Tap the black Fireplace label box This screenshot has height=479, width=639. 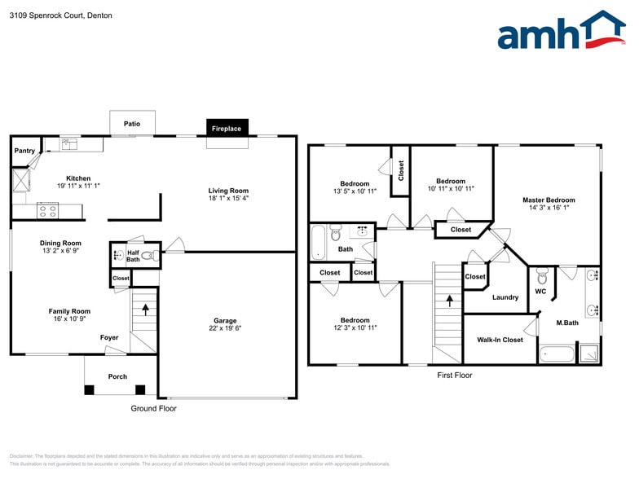(x=227, y=129)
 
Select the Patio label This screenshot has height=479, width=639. (x=132, y=124)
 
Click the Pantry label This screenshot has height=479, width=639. (x=24, y=151)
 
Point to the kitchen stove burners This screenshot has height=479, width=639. (x=47, y=210)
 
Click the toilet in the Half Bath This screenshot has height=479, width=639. (x=148, y=256)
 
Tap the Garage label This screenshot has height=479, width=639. (x=226, y=321)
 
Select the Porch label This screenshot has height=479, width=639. (x=117, y=376)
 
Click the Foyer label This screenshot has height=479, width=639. (x=108, y=337)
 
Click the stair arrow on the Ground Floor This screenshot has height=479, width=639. (x=145, y=310)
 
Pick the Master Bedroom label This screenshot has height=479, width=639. (x=549, y=200)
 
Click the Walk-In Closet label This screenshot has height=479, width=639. (x=500, y=340)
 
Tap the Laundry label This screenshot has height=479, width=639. (x=505, y=297)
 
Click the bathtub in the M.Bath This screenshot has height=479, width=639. (x=557, y=354)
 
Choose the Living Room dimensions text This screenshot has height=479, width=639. (x=228, y=198)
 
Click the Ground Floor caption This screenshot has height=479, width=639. (x=153, y=408)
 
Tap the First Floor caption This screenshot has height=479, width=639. (x=454, y=376)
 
